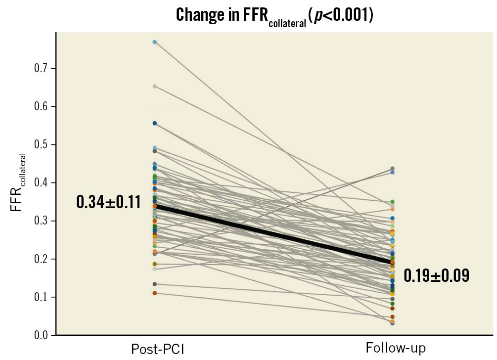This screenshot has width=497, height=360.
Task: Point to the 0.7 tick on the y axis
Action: click(41, 68)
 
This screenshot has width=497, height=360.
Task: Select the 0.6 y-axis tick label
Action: click(41, 106)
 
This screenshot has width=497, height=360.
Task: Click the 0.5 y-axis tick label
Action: click(41, 144)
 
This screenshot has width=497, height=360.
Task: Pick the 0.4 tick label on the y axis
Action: click(41, 182)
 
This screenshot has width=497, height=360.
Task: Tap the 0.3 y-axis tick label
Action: click(41, 221)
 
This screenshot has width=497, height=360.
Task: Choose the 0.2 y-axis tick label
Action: click(41, 259)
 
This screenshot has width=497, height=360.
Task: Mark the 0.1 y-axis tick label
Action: click(41, 297)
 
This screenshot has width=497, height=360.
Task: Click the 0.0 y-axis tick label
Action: click(41, 335)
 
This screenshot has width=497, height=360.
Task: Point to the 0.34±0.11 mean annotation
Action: click(108, 202)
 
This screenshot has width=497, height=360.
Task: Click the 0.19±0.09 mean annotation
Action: click(436, 276)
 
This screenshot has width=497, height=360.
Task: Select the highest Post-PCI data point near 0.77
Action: click(155, 42)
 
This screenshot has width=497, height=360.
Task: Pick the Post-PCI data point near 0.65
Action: click(155, 87)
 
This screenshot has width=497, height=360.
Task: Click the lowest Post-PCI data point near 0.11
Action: click(155, 293)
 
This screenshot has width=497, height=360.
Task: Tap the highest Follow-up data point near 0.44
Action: click(392, 169)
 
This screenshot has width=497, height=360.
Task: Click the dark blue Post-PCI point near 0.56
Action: click(155, 123)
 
